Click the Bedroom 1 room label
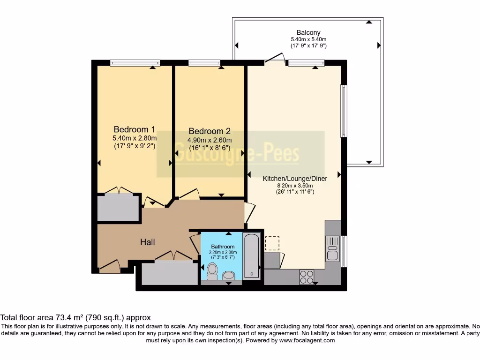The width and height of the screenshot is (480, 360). point(135,129)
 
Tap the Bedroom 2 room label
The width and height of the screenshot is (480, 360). point(210,132)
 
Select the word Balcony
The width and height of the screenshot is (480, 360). point(308,32)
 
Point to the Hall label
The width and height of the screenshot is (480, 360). point(148,242)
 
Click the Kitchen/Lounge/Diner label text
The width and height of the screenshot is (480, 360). point(295,179)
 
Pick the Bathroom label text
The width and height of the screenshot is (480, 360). point(223,247)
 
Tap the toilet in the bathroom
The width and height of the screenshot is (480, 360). point(212,270)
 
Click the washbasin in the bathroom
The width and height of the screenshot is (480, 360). point(229,275)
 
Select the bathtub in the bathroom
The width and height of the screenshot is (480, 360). point(251,255)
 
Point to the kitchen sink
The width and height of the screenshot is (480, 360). point(332,249)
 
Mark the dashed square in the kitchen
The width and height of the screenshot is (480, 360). point(272,243)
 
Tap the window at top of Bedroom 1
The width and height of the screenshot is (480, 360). point(135,62)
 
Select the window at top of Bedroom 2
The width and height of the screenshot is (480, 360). point(204,62)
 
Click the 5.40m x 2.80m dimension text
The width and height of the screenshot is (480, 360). point(134,138)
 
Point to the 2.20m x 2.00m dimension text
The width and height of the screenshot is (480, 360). point(223,253)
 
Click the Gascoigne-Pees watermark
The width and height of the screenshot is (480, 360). point(240,154)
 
